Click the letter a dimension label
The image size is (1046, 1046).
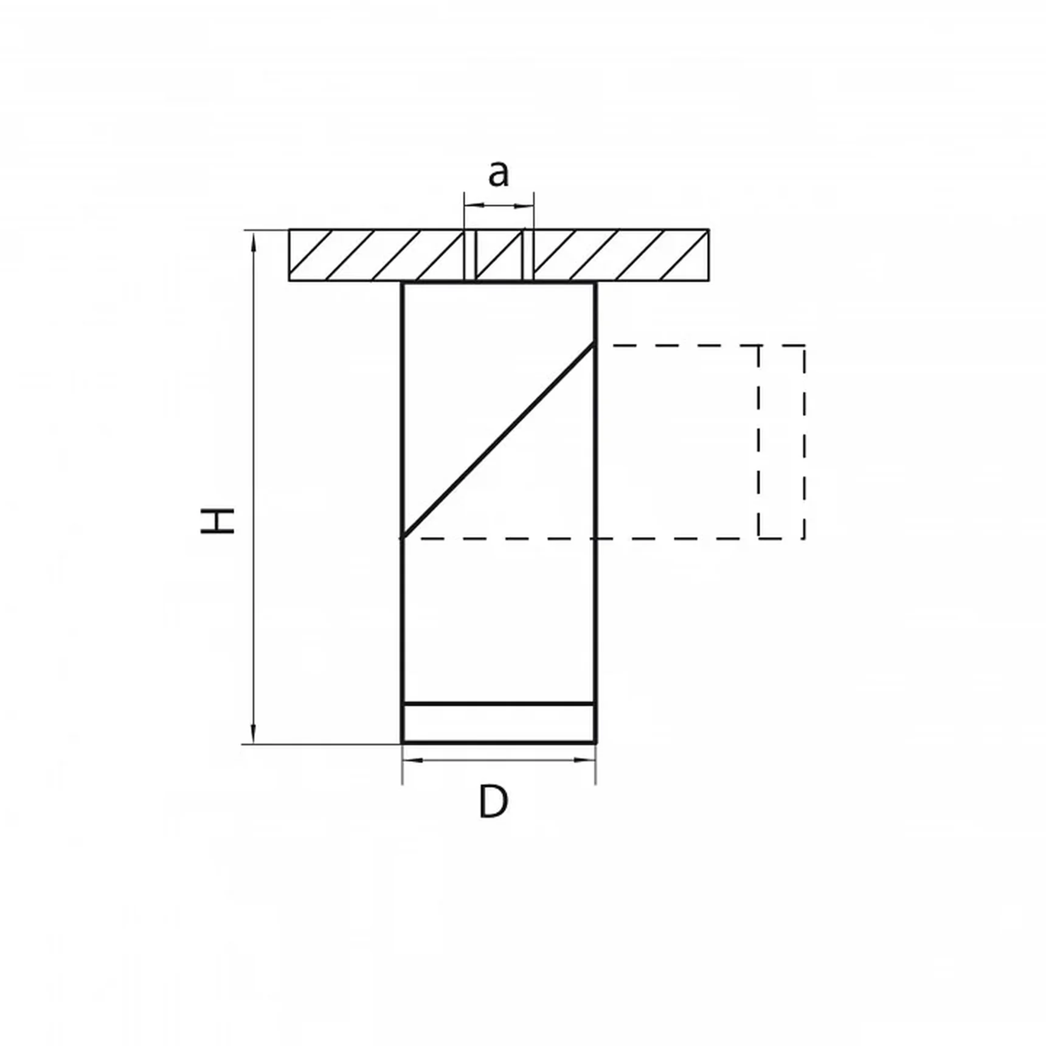click(498, 173)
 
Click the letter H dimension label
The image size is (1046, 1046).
click(218, 521)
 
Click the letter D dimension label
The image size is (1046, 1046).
click(493, 802)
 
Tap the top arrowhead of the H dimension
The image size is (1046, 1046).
click(254, 241)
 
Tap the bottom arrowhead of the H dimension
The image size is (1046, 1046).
click(254, 733)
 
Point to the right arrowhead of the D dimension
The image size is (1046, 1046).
click(585, 760)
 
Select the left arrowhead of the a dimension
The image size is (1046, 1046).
click(474, 206)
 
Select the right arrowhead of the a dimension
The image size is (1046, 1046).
click(524, 206)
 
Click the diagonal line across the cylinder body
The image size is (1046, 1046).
click(498, 441)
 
